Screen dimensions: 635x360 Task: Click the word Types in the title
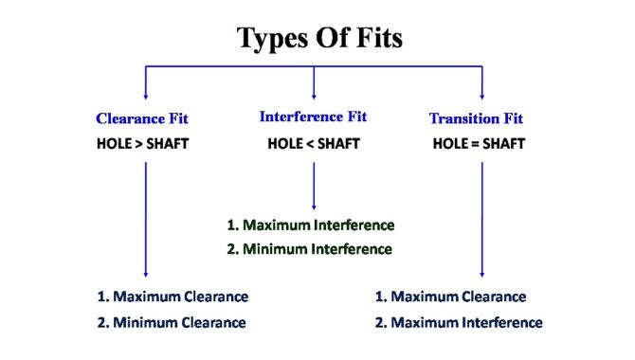[273, 39]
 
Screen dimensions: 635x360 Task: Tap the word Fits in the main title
[379, 37]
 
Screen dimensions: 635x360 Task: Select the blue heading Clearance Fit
[142, 118]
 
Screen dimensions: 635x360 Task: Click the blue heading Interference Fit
[313, 117]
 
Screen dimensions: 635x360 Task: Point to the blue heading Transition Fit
[476, 118]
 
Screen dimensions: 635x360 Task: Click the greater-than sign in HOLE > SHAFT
[139, 144]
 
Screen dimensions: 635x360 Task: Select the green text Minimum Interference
[317, 249]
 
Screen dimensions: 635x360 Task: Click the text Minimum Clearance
[179, 323]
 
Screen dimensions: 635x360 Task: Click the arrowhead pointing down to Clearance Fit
[146, 97]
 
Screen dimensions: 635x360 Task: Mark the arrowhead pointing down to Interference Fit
[314, 97]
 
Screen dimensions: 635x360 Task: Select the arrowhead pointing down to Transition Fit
[481, 97]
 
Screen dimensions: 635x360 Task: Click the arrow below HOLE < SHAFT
[314, 187]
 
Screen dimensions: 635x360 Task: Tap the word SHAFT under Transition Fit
[504, 144]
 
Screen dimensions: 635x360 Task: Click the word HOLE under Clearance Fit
[114, 144]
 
